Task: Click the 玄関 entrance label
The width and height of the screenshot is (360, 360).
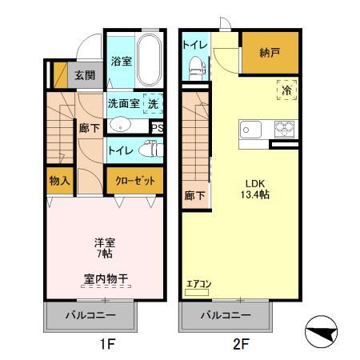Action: (x=85, y=76)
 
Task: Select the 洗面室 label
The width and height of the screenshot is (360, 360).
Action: (x=123, y=102)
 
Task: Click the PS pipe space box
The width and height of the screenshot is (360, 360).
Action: (x=157, y=127)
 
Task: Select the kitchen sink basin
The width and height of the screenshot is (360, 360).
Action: (x=248, y=128)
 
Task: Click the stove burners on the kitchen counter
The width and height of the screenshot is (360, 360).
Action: (x=284, y=128)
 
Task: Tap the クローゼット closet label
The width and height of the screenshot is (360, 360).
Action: (x=134, y=182)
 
